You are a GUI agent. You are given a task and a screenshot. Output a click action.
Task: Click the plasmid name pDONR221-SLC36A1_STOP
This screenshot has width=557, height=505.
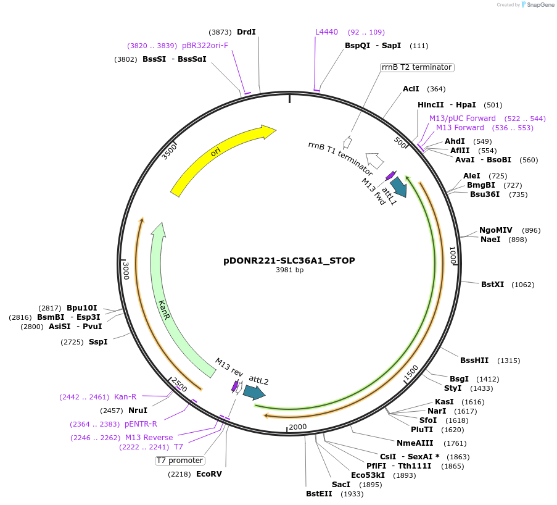click(289, 261)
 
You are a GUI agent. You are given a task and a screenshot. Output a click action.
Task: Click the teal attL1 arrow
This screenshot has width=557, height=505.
click(398, 187)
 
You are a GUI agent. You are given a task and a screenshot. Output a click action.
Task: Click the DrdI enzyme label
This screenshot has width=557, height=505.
click(246, 32)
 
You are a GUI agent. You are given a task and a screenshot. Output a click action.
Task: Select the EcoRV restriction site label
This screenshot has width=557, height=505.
click(208, 474)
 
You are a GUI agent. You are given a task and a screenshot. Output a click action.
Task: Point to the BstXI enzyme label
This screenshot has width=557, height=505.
click(492, 285)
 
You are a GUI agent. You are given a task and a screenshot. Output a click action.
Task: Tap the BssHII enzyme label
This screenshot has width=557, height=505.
click(474, 361)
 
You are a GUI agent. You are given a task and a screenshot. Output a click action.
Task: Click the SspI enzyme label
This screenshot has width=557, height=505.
click(97, 341)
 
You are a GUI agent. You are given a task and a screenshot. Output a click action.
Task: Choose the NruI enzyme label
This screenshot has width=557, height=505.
click(138, 410)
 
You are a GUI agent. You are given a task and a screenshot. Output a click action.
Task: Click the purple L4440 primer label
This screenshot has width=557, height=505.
click(326, 32)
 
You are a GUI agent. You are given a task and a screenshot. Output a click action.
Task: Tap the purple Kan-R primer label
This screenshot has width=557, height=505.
click(125, 396)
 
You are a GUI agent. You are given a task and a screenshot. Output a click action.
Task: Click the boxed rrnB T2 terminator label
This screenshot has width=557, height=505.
click(416, 67)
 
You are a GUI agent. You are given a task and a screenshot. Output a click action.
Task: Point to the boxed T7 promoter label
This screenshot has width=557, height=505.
click(179, 461)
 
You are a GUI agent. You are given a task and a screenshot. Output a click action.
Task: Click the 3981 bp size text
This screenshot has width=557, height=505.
click(289, 270)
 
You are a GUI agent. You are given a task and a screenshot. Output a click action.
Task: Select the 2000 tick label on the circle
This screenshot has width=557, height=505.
click(297, 427)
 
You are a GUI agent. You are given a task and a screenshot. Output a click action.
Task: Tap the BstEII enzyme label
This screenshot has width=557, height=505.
click(319, 493)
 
